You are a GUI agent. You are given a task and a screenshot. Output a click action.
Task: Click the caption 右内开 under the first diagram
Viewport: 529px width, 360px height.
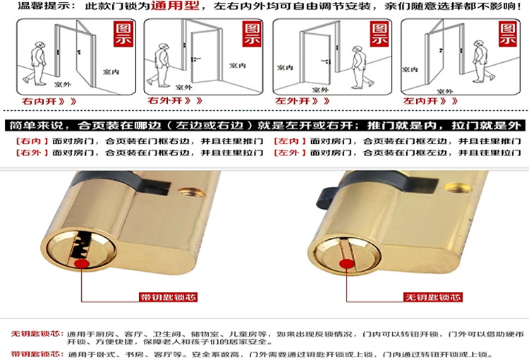39,102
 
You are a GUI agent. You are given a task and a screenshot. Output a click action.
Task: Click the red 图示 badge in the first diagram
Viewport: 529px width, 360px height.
123,34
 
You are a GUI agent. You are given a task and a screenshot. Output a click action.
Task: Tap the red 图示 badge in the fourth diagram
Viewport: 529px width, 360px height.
508,34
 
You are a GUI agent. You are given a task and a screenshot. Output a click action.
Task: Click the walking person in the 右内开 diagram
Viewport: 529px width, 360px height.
36,63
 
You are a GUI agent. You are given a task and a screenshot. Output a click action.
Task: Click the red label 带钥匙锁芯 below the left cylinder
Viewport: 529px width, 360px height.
168,297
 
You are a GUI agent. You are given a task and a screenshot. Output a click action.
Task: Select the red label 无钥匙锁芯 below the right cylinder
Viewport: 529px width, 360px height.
433,297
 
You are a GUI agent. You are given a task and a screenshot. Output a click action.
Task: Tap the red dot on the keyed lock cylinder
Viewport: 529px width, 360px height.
82,264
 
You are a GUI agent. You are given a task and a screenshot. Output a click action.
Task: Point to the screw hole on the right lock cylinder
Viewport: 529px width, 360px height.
457,188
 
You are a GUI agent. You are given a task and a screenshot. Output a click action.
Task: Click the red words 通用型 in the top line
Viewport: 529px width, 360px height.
175,6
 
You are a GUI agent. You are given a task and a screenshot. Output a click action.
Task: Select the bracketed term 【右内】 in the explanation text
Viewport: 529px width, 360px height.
32,141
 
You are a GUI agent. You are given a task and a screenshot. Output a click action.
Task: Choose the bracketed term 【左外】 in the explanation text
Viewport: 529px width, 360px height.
290,152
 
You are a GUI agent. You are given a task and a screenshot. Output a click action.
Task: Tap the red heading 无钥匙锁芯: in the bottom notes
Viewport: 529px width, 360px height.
37,334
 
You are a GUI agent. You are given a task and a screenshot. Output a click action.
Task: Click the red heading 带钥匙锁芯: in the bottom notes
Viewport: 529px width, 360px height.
37,354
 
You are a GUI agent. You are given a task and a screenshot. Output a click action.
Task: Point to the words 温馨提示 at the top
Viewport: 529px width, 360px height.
43,6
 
